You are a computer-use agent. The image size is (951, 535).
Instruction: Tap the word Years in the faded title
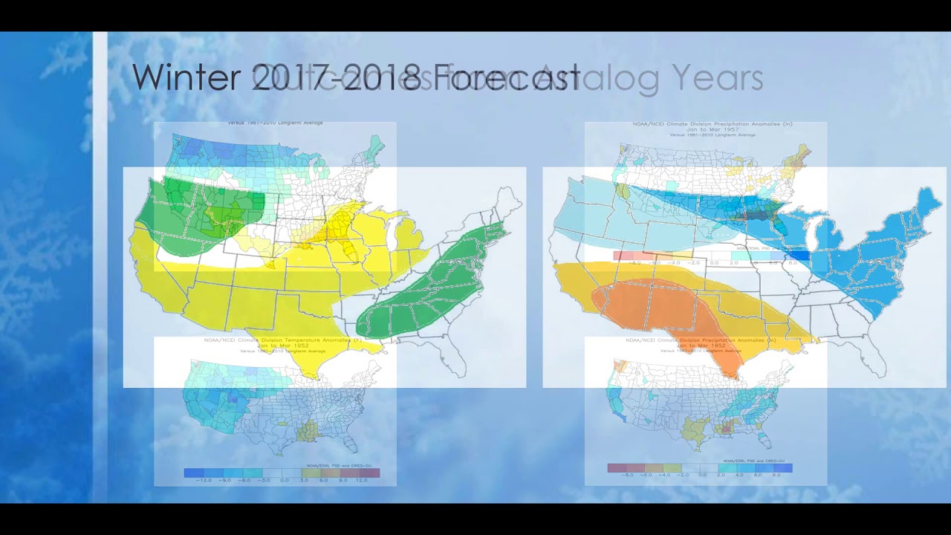717,77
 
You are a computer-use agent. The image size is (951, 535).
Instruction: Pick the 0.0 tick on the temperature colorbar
284,481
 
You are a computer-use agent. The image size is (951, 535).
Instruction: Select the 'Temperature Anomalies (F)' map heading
275,340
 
